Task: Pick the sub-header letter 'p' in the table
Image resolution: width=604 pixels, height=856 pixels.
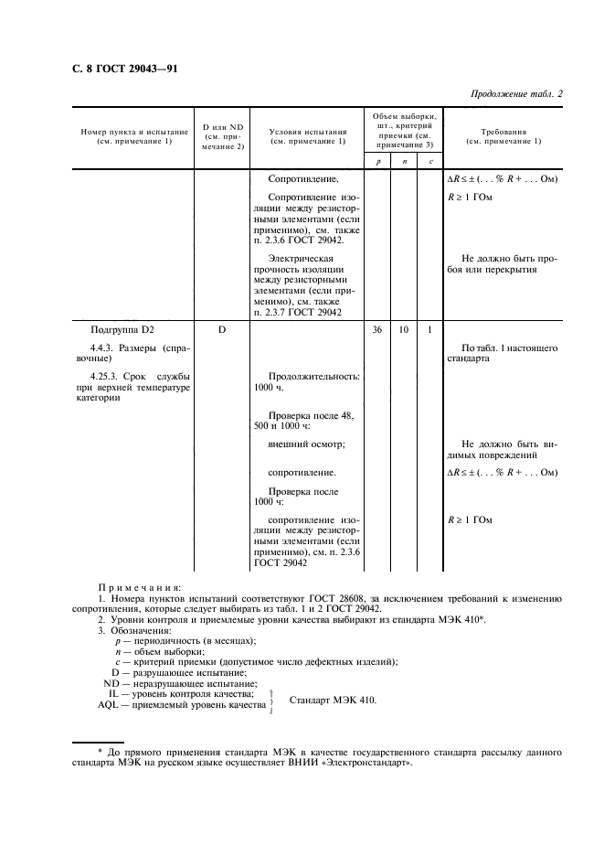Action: click(377, 162)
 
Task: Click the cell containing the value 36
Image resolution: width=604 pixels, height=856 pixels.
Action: click(377, 329)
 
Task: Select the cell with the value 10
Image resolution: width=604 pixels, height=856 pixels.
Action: click(404, 329)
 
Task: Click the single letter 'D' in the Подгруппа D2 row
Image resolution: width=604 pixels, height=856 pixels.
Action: click(222, 329)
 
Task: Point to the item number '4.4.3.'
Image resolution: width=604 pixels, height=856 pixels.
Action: click(106, 349)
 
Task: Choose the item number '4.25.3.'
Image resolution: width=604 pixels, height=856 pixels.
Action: click(109, 377)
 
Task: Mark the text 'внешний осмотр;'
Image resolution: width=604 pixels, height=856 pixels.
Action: click(306, 444)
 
